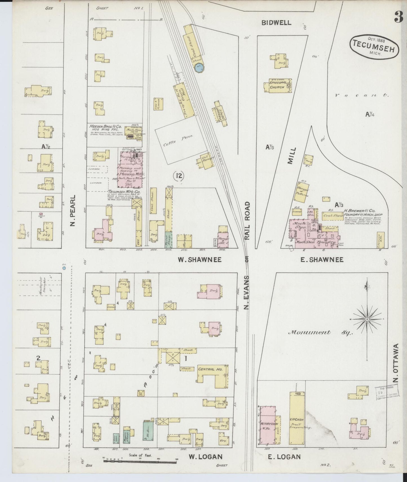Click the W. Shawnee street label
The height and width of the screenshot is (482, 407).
pyautogui.click(x=199, y=260)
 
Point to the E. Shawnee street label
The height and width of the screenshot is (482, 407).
pyautogui.click(x=322, y=260)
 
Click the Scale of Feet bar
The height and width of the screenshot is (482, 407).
pyautogui.click(x=140, y=461)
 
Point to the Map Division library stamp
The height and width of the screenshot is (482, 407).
pyautogui.click(x=387, y=391)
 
